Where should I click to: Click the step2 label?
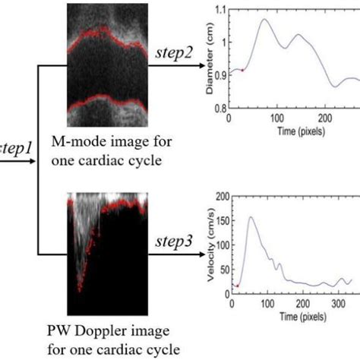click(x=174, y=53)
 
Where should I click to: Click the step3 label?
click(x=174, y=242)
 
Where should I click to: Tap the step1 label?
click(x=16, y=148)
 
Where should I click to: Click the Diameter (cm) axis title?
click(x=210, y=58)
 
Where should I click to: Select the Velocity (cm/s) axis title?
click(x=211, y=245)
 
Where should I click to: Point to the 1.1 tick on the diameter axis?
click(x=220, y=11)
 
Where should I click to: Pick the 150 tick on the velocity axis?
click(x=223, y=221)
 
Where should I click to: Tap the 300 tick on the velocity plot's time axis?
click(x=339, y=304)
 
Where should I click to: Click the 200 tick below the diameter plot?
click(x=325, y=118)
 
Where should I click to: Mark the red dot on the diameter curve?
click(x=242, y=71)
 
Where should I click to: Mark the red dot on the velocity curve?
click(x=238, y=286)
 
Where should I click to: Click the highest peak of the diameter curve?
click(x=265, y=19)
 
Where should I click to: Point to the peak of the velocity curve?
click(x=251, y=217)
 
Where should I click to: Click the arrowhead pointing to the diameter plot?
click(x=202, y=66)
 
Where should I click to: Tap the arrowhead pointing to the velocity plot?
click(x=202, y=254)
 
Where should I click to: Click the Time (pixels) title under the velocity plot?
click(x=303, y=317)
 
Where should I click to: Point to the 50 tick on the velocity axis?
click(x=225, y=270)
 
